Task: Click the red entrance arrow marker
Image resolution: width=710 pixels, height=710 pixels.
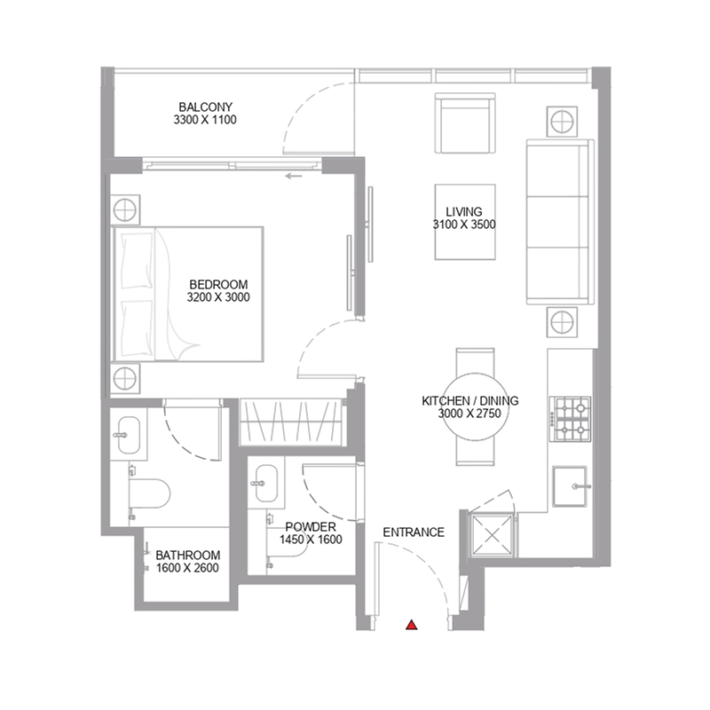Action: pyautogui.click(x=411, y=625)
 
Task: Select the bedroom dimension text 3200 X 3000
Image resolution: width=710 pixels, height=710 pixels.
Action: pyautogui.click(x=218, y=298)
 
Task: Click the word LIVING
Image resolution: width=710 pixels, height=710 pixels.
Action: pyautogui.click(x=463, y=212)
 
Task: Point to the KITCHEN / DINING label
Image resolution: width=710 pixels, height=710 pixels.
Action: pyautogui.click(x=469, y=401)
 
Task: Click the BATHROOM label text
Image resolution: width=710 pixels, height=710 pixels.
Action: pyautogui.click(x=186, y=556)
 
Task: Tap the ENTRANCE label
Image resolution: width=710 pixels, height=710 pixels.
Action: pyautogui.click(x=413, y=532)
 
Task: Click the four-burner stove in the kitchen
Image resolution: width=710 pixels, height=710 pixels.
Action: pyautogui.click(x=570, y=421)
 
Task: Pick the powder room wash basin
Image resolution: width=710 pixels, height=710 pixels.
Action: pyautogui.click(x=265, y=485)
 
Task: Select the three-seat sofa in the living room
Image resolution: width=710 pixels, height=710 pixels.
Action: pyautogui.click(x=556, y=222)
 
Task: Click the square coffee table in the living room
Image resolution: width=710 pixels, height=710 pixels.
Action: pyautogui.click(x=464, y=221)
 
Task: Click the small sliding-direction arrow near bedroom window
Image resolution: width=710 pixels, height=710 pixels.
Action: pyautogui.click(x=294, y=177)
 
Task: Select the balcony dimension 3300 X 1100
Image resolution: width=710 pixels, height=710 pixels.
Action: pyautogui.click(x=207, y=120)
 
